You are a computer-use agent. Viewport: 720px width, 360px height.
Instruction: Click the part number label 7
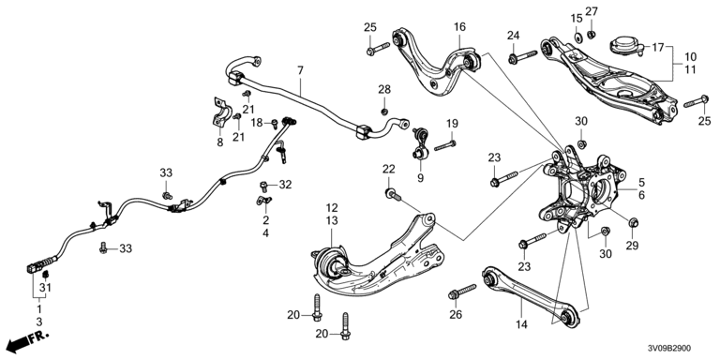point(300,70)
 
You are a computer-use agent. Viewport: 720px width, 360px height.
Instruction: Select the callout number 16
point(459,27)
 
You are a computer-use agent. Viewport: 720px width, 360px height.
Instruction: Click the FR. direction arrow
point(28,340)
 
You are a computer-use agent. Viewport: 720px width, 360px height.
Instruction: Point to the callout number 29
point(632,246)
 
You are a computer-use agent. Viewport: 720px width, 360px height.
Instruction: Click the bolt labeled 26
point(462,292)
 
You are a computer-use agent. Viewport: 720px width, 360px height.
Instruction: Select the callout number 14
point(521,324)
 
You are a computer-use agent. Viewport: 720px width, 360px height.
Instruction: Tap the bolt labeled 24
point(522,57)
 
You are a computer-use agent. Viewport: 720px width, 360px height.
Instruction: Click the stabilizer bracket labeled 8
point(221,113)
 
